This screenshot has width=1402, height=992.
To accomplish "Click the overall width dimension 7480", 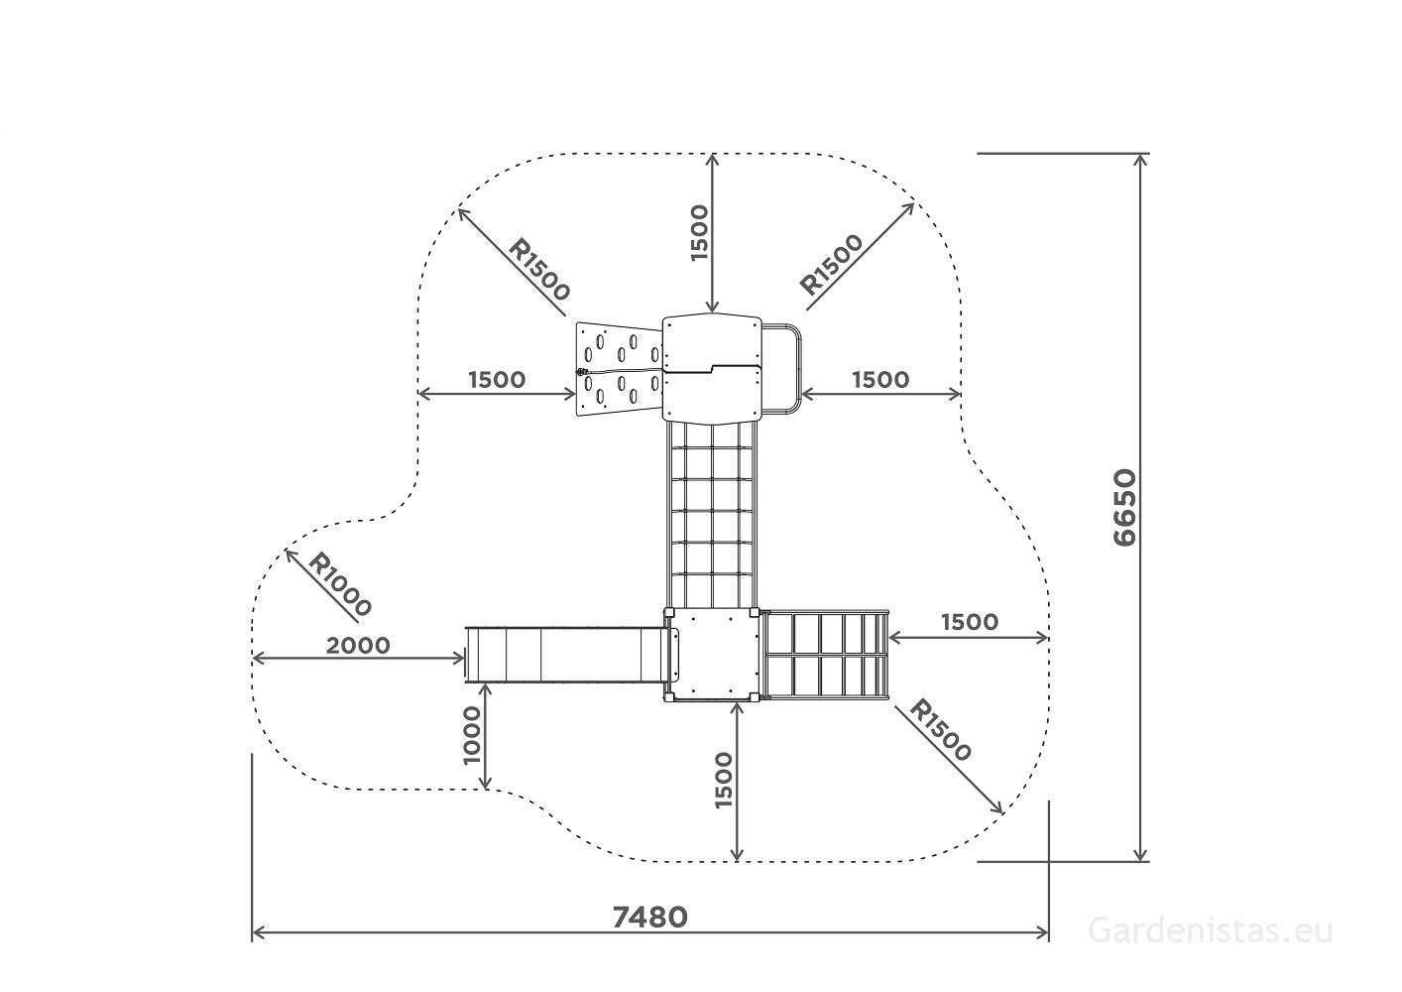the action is (649, 918).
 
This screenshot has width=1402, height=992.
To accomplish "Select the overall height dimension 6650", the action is (1125, 507).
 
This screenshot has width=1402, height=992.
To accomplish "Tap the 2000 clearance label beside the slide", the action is (358, 645).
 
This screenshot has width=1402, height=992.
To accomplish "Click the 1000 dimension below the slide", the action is (472, 735).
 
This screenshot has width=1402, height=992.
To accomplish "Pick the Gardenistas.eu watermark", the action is (1211, 930).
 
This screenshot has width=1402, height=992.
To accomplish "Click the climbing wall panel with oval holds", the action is (619, 369).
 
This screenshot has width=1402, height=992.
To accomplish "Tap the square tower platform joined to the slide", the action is (712, 655).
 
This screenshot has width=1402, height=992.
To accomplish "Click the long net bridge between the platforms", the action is (712, 515).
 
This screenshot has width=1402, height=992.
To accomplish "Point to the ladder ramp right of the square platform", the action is (825, 655).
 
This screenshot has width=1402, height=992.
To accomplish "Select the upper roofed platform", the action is (712, 369).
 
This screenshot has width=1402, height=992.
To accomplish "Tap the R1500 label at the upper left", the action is (539, 269).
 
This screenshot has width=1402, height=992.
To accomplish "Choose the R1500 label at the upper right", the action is (831, 264).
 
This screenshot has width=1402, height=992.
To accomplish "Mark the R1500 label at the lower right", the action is (940, 730).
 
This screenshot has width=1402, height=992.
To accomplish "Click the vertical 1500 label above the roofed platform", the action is (698, 233).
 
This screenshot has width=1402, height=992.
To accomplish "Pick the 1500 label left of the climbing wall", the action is (497, 380).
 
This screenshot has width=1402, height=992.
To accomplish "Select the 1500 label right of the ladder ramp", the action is (970, 622).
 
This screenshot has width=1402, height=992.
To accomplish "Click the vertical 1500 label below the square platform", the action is (723, 781).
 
